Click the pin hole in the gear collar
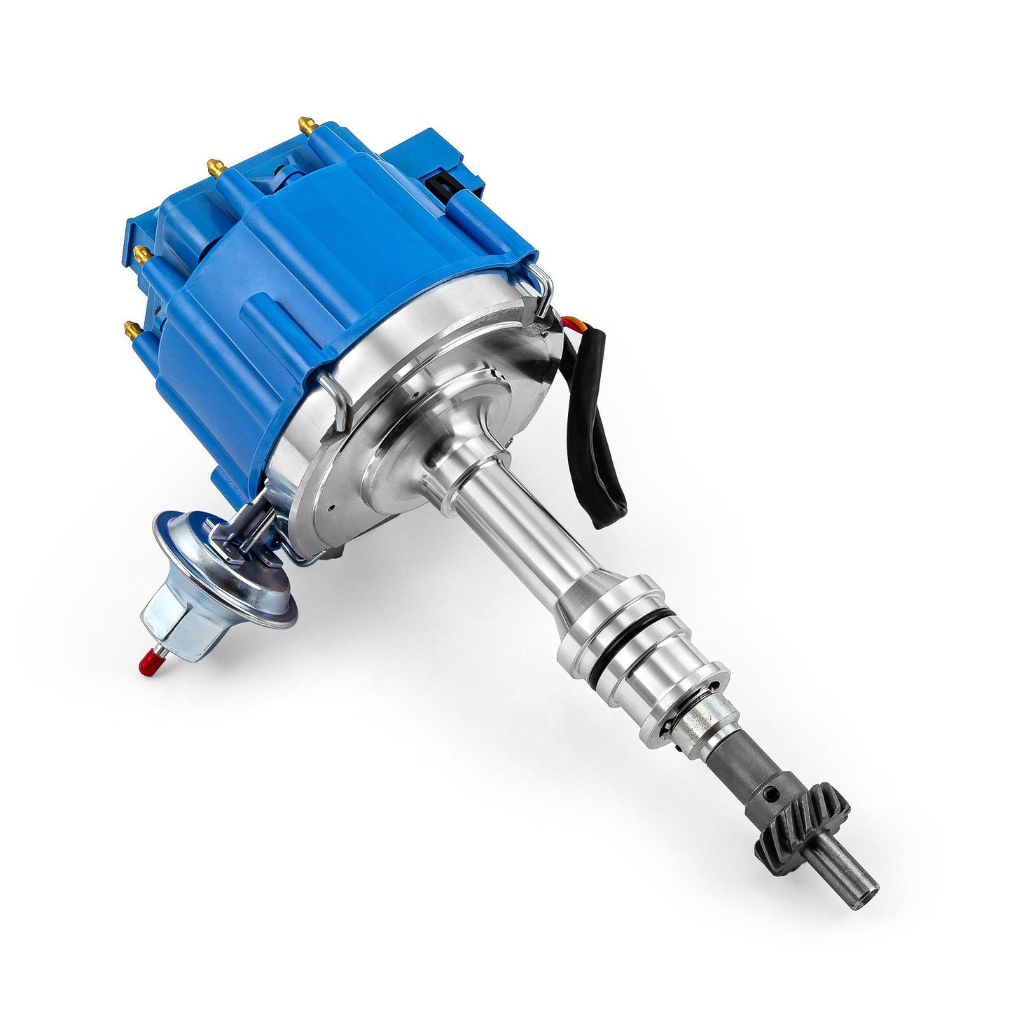click(770, 795)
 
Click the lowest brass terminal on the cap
click(131, 327)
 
